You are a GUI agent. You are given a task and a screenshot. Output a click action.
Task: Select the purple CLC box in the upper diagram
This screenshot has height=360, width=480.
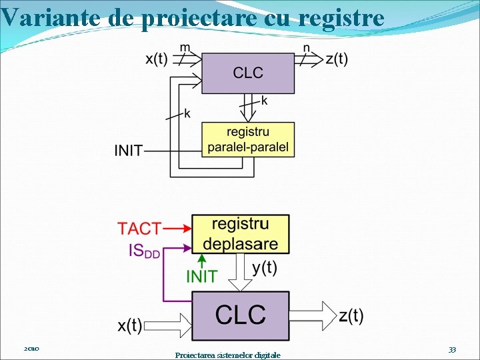tap(248, 73)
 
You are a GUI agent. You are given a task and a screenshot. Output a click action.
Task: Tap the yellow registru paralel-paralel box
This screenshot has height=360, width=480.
tap(248, 139)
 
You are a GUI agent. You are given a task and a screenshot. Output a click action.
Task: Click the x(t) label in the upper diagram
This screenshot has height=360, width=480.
tap(157, 59)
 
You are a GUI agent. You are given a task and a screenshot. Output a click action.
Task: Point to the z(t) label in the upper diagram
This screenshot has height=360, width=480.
tap(337, 59)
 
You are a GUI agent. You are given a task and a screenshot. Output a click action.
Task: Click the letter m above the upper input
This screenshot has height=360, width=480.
tap(185, 47)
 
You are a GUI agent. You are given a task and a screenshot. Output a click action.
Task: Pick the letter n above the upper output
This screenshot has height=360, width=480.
tap(307, 47)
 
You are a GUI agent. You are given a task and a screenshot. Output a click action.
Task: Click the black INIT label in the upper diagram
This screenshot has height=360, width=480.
tap(129, 151)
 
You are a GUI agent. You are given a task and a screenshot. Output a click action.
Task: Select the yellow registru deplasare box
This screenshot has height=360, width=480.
tap(241, 233)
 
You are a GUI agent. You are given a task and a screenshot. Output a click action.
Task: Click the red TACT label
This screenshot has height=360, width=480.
tap(139, 229)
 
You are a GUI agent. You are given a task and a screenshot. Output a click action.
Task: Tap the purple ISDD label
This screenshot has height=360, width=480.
tap(144, 251)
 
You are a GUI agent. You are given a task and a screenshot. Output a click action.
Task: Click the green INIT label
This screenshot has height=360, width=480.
tap(201, 276)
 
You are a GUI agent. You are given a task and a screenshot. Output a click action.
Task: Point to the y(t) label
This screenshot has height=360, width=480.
tap(265, 268)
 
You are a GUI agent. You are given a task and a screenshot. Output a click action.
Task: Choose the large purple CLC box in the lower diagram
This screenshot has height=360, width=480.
tap(240, 315)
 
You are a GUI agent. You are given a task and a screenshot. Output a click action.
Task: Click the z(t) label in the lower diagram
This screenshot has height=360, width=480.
tap(351, 315)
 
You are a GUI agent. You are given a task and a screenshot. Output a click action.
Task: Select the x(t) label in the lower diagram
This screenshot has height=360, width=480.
tap(130, 325)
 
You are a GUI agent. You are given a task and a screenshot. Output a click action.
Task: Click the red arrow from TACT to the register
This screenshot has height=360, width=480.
tap(177, 228)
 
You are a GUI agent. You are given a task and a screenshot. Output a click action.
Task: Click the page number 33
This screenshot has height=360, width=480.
tap(452, 349)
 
